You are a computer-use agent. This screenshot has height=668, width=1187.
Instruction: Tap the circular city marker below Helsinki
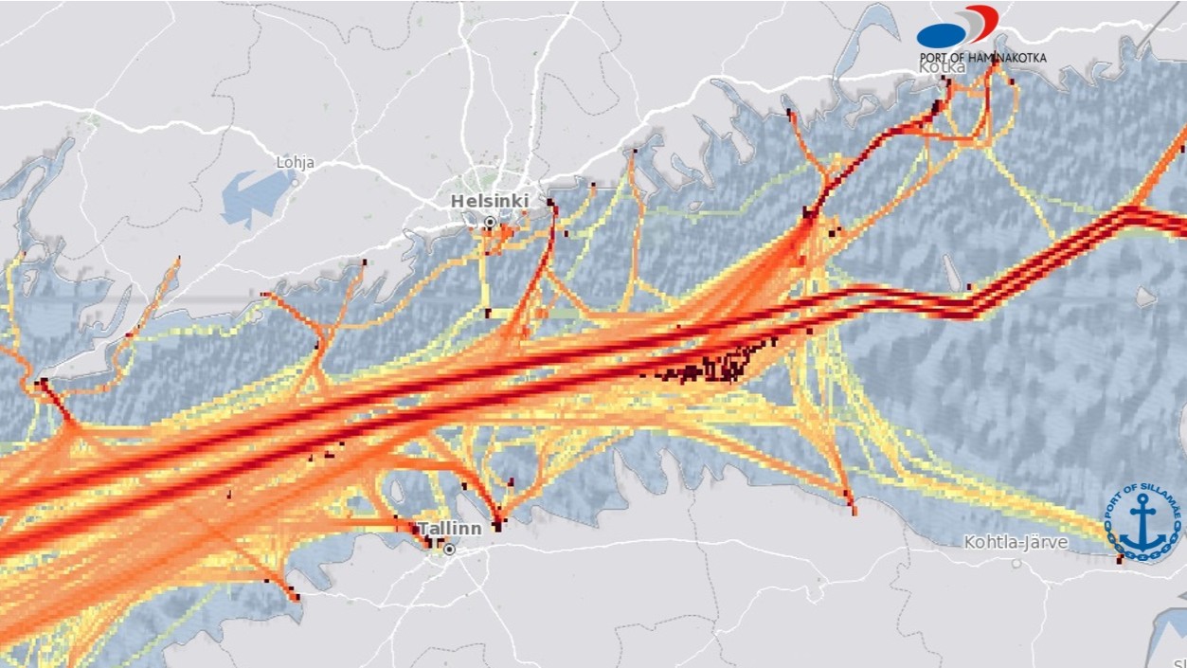[x=490, y=223]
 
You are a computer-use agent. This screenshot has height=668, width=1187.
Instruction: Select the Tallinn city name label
[x=449, y=529]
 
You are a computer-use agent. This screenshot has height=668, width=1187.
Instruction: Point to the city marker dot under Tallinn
[x=449, y=550]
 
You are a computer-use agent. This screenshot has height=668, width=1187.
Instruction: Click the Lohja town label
[x=295, y=163]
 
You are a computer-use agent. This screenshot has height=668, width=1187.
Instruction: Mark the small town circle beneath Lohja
[x=295, y=180]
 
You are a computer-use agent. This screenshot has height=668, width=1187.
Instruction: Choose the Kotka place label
[x=942, y=68]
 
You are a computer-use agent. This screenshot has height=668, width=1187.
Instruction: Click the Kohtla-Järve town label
[x=1016, y=543]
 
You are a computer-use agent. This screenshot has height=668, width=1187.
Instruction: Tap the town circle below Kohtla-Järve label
[x=1016, y=563]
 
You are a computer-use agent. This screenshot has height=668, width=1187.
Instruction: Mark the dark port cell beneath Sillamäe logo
[x=1121, y=559]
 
